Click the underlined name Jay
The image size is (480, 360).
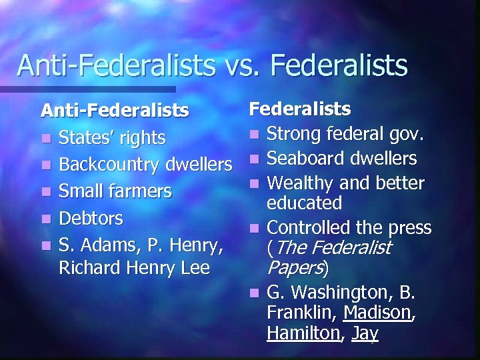tap(364, 333)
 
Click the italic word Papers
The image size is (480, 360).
tap(294, 268)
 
